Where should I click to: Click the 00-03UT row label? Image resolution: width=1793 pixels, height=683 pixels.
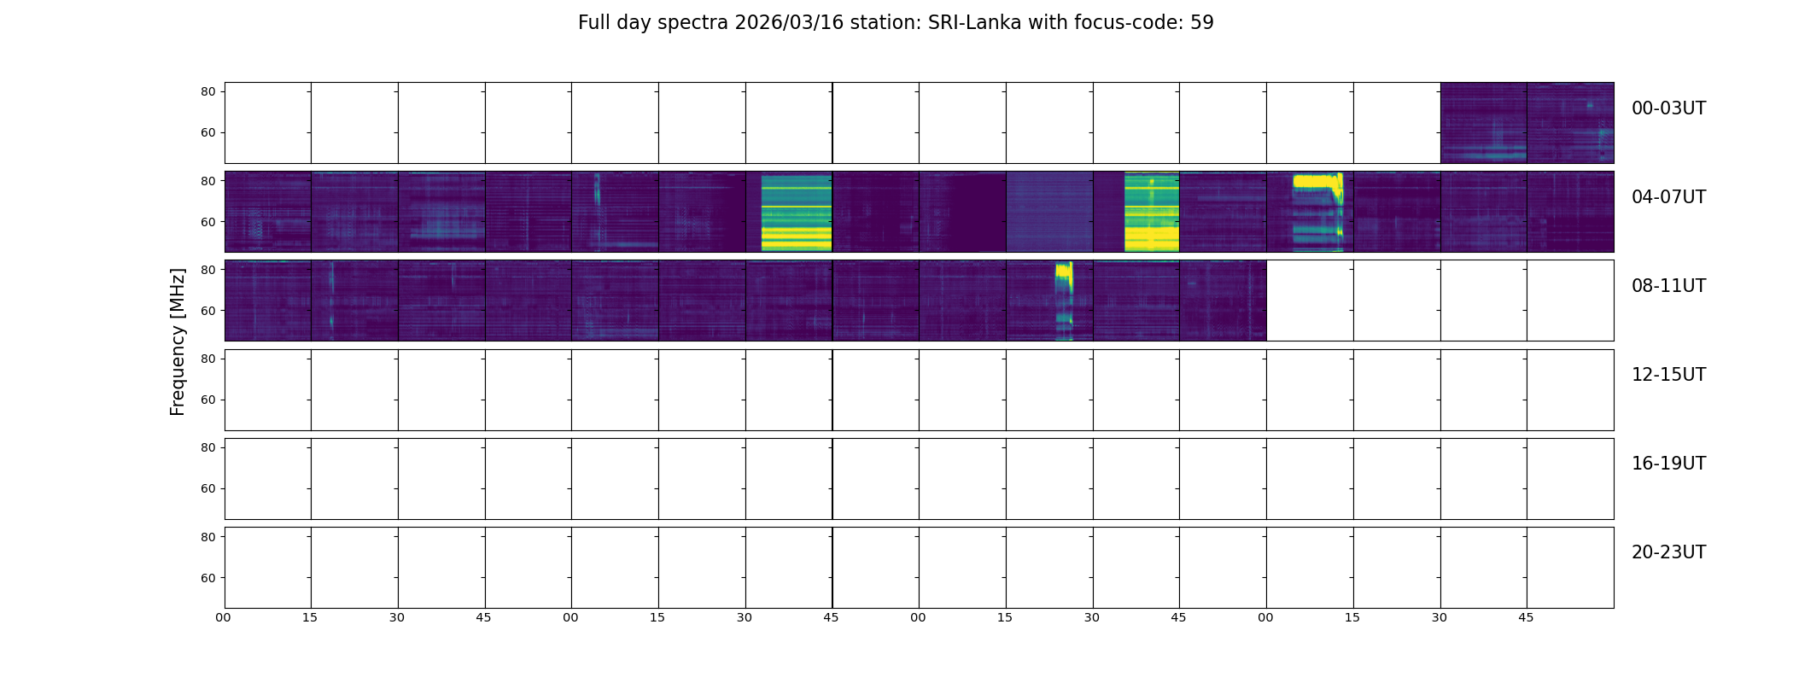coord(1668,108)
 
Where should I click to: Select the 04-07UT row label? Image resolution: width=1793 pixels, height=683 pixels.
coord(1668,197)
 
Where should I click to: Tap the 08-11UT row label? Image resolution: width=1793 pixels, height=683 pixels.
coord(1668,286)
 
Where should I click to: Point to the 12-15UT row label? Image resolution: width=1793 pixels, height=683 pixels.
coord(1668,375)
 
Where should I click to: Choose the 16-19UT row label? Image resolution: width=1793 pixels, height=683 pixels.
coord(1668,464)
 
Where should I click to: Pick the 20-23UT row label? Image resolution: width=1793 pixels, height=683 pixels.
coord(1668,552)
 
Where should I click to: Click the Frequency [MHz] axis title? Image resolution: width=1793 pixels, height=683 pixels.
coord(178,341)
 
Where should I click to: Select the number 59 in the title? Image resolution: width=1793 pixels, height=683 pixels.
coord(1201,23)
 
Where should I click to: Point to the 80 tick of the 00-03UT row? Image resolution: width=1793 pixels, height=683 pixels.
coord(207,91)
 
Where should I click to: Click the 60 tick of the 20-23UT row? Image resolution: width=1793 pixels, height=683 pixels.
coord(207,578)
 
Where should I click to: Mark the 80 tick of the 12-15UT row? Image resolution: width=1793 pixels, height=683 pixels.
coord(207,359)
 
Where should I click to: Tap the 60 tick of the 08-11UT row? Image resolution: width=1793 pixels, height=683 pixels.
coord(207,311)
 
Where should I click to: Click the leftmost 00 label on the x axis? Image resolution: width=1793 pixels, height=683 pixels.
coord(224,617)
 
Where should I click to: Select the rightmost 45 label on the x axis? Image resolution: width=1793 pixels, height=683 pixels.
coord(1526,617)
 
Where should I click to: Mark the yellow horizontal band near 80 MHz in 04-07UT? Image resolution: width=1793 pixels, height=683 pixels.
coord(1315,181)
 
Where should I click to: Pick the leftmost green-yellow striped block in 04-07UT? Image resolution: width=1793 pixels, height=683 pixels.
coord(796,213)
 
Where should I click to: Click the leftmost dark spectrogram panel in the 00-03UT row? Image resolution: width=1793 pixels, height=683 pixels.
coord(1483,123)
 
